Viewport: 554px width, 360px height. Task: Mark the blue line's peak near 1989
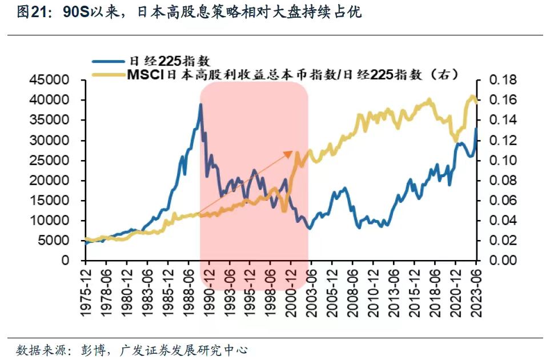coord(200,105)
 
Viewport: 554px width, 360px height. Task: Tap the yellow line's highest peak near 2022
coord(472,97)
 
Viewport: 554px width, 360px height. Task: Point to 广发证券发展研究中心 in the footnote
coord(184,349)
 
